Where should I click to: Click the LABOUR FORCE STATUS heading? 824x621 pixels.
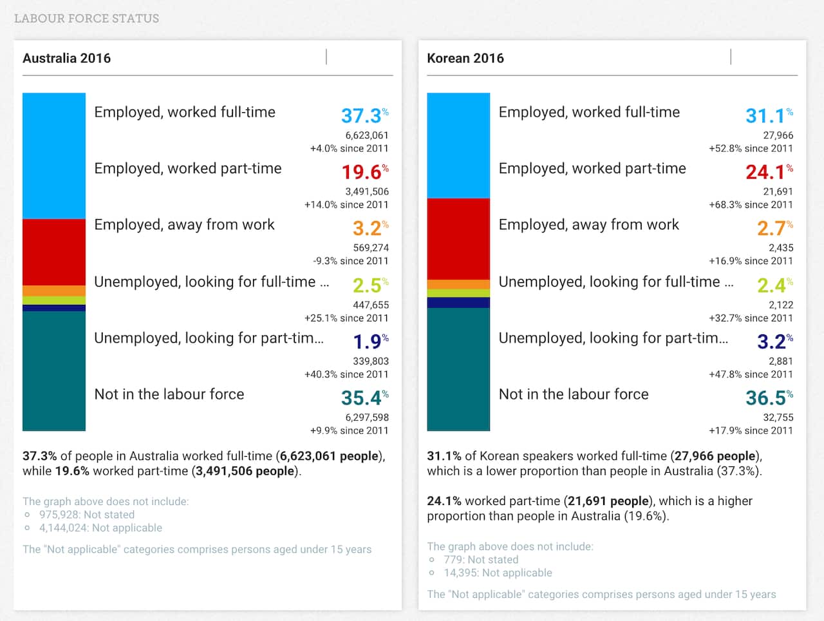(86, 19)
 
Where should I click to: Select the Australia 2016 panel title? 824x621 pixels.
(67, 58)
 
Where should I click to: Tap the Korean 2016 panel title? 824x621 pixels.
(465, 58)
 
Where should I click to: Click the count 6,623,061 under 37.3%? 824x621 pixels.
(367, 135)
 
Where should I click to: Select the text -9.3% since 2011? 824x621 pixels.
(351, 261)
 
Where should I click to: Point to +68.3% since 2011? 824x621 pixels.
(751, 205)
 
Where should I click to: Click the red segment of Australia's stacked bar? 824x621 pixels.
(54, 252)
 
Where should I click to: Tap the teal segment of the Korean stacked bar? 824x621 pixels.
(458, 369)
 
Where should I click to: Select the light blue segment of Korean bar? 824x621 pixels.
(458, 145)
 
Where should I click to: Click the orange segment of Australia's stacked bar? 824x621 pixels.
(54, 291)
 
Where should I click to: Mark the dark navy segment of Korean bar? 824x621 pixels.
(458, 303)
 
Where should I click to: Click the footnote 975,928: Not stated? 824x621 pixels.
(87, 515)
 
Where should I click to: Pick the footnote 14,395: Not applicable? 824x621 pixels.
(498, 573)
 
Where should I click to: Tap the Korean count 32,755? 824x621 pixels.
(778, 417)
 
